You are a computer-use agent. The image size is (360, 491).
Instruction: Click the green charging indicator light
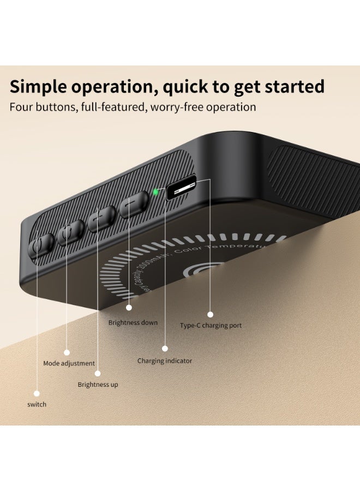tap(156, 192)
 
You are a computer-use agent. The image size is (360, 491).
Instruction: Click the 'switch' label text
tap(37, 404)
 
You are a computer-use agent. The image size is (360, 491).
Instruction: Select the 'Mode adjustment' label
tap(69, 363)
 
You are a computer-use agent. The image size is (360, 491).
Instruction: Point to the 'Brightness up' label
tap(98, 385)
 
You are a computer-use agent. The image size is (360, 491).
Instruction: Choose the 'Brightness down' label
tap(133, 322)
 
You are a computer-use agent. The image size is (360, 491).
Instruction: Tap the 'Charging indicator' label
tap(165, 361)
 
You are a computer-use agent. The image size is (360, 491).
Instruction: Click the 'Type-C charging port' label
tap(211, 326)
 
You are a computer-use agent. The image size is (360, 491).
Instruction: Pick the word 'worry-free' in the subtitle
tap(178, 107)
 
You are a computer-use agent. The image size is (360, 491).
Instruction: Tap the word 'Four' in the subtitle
tap(21, 107)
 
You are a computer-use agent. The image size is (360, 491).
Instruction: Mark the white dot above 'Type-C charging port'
tap(210, 314)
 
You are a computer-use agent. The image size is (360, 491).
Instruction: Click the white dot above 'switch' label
tap(37, 393)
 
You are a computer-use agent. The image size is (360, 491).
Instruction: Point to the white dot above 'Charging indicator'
tap(165, 348)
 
